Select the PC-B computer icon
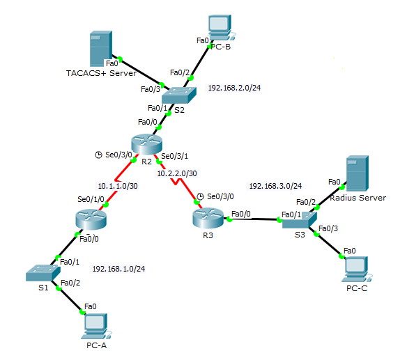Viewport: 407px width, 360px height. click(x=220, y=26)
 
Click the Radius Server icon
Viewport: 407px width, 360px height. click(x=356, y=175)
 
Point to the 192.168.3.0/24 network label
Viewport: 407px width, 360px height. click(x=275, y=186)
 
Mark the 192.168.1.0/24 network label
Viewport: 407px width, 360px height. click(x=118, y=267)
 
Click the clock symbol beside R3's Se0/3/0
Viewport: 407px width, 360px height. click(x=200, y=196)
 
